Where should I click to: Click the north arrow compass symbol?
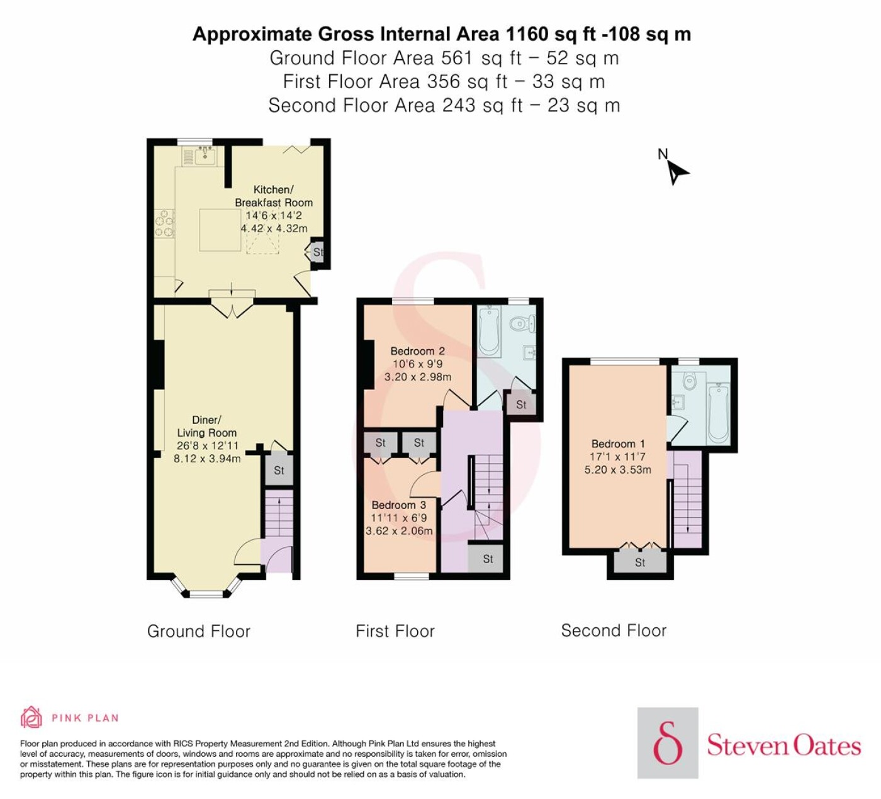coord(676,172)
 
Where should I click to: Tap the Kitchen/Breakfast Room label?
coord(274,196)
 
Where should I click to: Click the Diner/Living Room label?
coord(206,426)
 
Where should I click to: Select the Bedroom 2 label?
coord(417,351)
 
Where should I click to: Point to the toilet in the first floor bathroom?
coord(522,324)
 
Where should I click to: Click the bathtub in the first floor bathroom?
coord(490,331)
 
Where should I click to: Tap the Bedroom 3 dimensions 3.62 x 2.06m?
coord(399,530)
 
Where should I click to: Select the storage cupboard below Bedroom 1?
coord(640,562)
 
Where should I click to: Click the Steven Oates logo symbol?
coord(668,743)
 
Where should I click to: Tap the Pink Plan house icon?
coord(31,717)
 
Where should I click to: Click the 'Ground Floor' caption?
coord(198,631)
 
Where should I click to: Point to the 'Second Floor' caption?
coord(614,631)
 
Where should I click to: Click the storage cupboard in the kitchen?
coord(317,252)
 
